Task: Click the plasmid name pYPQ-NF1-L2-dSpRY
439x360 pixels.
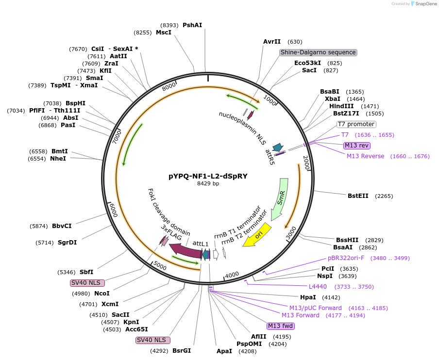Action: pyautogui.click(x=208, y=176)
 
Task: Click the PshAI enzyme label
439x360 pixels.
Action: pyautogui.click(x=192, y=25)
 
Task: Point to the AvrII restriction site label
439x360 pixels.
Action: pyautogui.click(x=272, y=42)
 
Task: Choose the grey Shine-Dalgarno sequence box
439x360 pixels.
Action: pyautogui.click(x=318, y=52)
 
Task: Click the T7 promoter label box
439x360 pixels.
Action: pyautogui.click(x=356, y=124)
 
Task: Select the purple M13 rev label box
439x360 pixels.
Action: pyautogui.click(x=356, y=145)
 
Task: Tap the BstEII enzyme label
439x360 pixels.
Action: pyautogui.click(x=358, y=196)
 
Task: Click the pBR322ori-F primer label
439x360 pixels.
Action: pyautogui.click(x=348, y=258)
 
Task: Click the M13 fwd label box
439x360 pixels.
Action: pyautogui.click(x=280, y=326)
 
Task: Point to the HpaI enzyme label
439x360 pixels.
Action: pyautogui.click(x=308, y=297)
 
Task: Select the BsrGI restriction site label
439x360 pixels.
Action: pyautogui.click(x=182, y=351)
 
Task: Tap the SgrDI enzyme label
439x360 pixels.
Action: pyautogui.click(x=67, y=243)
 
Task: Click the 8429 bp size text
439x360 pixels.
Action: pyautogui.click(x=208, y=184)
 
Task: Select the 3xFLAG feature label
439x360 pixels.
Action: pyautogui.click(x=171, y=232)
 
